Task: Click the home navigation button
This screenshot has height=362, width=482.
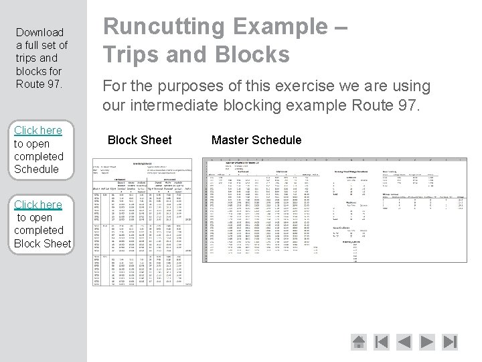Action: tap(359, 342)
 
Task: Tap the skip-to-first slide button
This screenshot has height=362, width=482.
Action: tap(382, 342)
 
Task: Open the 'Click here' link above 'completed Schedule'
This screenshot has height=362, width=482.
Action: tap(38, 130)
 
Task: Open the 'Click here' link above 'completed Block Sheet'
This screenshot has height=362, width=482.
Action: tap(38, 204)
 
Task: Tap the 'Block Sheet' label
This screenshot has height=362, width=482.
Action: tap(139, 140)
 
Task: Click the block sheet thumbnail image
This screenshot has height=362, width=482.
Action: tap(141, 222)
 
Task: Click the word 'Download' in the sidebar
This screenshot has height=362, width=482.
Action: tap(39, 32)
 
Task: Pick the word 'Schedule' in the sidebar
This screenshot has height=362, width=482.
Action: tap(36, 169)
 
